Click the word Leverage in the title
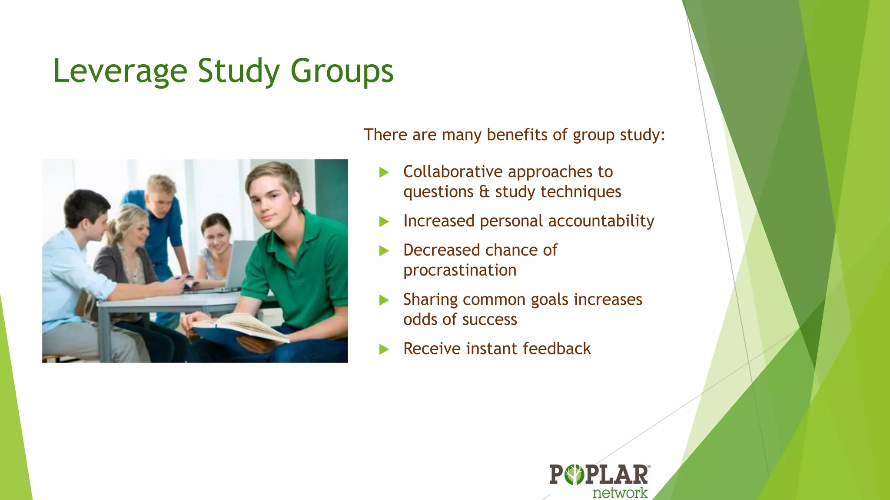120,71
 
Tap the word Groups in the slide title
342,71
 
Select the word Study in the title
239,71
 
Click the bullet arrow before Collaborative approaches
384,173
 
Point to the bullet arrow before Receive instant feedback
384,349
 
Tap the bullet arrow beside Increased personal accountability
384,222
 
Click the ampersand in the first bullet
484,192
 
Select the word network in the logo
620,493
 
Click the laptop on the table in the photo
239,265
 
